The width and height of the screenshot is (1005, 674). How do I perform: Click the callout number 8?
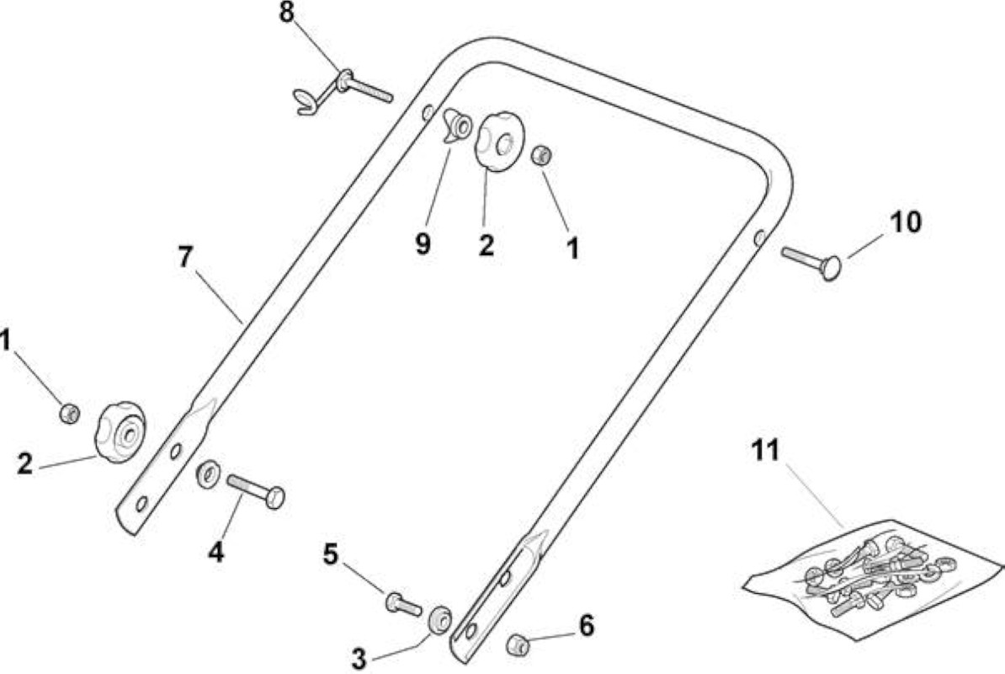tap(287, 13)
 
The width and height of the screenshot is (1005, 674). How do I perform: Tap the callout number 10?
tap(905, 222)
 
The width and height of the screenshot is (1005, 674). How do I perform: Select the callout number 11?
tap(765, 450)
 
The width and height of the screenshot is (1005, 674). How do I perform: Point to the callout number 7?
tap(184, 257)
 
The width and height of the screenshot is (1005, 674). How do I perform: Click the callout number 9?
tap(423, 243)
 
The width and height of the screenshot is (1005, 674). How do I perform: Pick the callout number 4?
tap(216, 552)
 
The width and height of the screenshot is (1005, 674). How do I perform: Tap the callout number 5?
tap(330, 554)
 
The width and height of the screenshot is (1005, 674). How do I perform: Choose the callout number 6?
tap(586, 626)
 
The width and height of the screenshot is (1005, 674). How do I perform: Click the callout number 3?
tap(359, 658)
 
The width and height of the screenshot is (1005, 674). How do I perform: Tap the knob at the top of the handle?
tap(499, 142)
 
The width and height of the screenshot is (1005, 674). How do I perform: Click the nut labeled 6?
tap(517, 643)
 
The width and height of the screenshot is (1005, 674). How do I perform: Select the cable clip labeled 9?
tap(458, 125)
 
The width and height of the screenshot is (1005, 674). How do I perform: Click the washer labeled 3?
tap(439, 619)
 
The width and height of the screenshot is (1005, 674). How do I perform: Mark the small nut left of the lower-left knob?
tap(69, 413)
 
